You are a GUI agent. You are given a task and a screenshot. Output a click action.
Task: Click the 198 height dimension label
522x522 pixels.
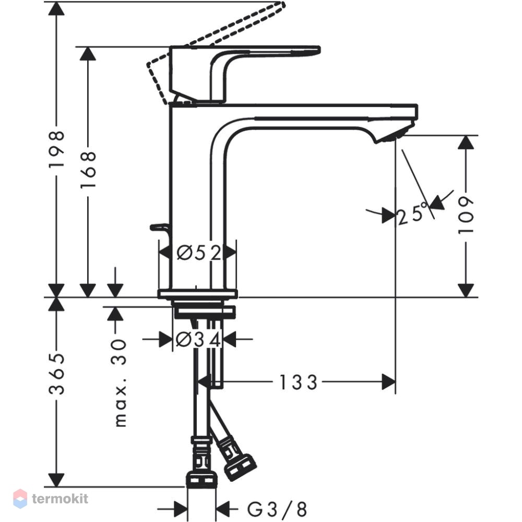pyautogui.click(x=56, y=149)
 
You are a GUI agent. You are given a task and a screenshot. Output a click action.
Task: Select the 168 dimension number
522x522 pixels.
pyautogui.click(x=88, y=170)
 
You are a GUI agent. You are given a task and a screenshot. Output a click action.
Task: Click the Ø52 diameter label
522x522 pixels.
pyautogui.click(x=199, y=253)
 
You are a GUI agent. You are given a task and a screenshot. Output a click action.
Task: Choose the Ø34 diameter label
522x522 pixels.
pyautogui.click(x=198, y=339)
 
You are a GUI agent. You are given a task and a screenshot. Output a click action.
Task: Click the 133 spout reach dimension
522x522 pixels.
pyautogui.click(x=298, y=382)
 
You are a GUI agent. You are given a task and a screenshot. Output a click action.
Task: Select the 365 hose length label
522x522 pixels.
pyautogui.click(x=56, y=374)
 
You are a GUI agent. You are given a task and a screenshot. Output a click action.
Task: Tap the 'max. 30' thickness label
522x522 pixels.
pyautogui.click(x=120, y=383)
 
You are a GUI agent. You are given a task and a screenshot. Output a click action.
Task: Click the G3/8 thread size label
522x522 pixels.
pyautogui.click(x=277, y=508)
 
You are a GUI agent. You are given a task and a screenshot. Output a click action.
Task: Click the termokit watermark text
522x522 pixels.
pyautogui.click(x=60, y=499)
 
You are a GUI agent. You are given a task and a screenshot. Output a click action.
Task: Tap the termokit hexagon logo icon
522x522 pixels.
pyautogui.click(x=20, y=499)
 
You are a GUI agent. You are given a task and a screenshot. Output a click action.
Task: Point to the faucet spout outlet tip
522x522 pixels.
pyautogui.click(x=396, y=136)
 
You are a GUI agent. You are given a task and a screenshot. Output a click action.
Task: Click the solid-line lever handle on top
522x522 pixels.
pyautogui.click(x=245, y=74)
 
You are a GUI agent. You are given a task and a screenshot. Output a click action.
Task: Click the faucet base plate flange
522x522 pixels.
pyautogui.click(x=198, y=293)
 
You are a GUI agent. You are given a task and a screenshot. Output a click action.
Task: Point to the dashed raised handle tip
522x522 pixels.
pyautogui.click(x=282, y=5)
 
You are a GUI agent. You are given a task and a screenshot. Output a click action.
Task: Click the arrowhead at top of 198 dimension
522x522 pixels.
pyautogui.click(x=56, y=9)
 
